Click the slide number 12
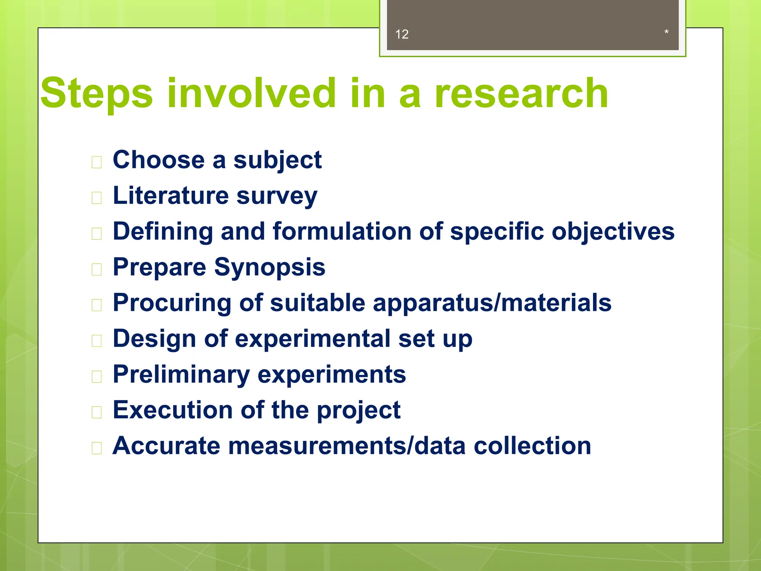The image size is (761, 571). point(402,34)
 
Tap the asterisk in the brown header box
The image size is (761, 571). point(666,32)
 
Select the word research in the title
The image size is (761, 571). point(521,93)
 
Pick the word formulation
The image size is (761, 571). point(342,231)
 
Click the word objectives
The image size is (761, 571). point(613,231)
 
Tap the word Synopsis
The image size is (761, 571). point(269,267)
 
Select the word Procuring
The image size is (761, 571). point(172,303)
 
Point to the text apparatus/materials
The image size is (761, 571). point(492,303)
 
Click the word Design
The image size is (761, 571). point(154,339)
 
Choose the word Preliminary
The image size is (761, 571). point(181,374)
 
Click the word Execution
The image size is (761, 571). point(173,410)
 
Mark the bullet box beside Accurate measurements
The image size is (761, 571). point(97,448)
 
